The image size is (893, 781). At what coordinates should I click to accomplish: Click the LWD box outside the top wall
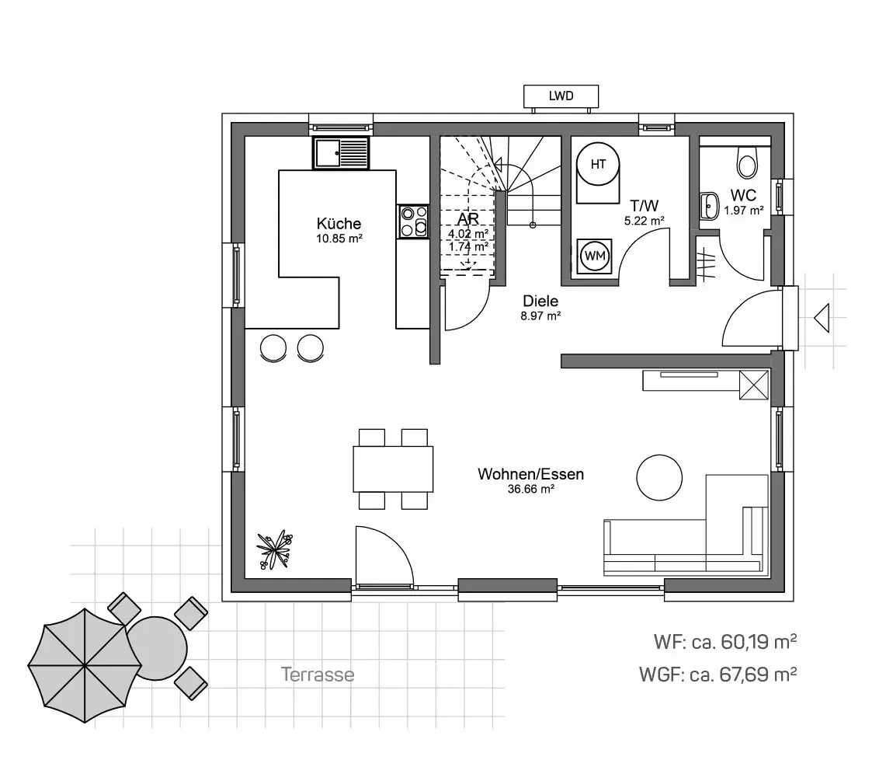(561, 96)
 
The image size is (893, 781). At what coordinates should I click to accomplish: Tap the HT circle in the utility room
(597, 164)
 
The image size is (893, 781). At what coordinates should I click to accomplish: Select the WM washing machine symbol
(595, 256)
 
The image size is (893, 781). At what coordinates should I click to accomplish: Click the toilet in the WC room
(747, 162)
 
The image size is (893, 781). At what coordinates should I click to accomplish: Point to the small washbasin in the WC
(710, 206)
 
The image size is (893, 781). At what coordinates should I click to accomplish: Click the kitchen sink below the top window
(341, 153)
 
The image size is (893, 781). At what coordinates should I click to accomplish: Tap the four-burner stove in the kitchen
(413, 221)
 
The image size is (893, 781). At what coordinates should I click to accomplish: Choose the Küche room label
(339, 224)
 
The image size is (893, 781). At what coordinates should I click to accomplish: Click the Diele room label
(540, 301)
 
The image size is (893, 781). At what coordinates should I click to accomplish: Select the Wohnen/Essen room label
(531, 474)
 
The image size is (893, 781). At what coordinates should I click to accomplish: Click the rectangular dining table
(393, 469)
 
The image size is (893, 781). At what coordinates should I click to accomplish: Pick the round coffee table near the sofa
(659, 478)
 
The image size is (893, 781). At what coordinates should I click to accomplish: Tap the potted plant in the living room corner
(275, 550)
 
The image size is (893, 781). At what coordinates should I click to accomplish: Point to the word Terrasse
(318, 675)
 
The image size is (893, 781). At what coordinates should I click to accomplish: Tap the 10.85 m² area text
(339, 239)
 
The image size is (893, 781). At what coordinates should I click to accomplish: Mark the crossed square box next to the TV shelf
(753, 385)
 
